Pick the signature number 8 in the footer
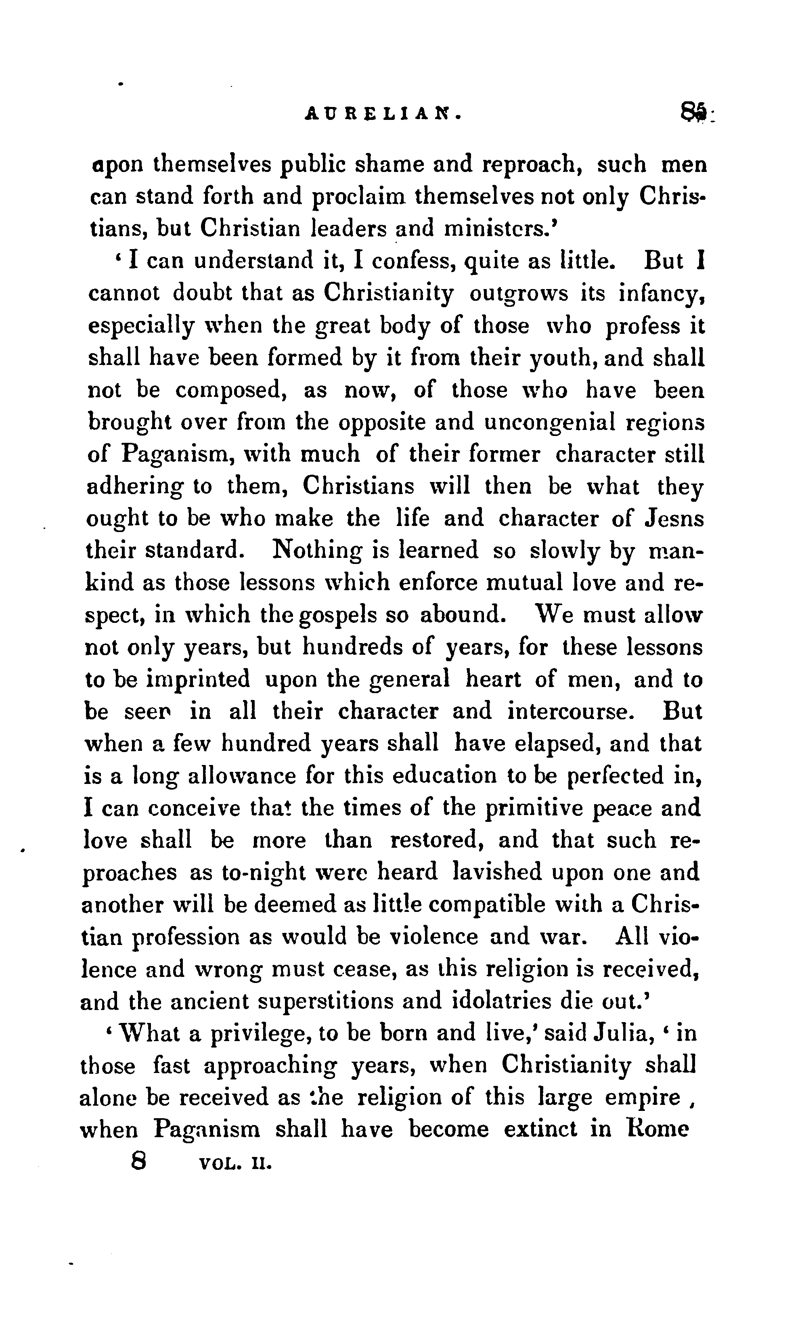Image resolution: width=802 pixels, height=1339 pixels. [139, 1161]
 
